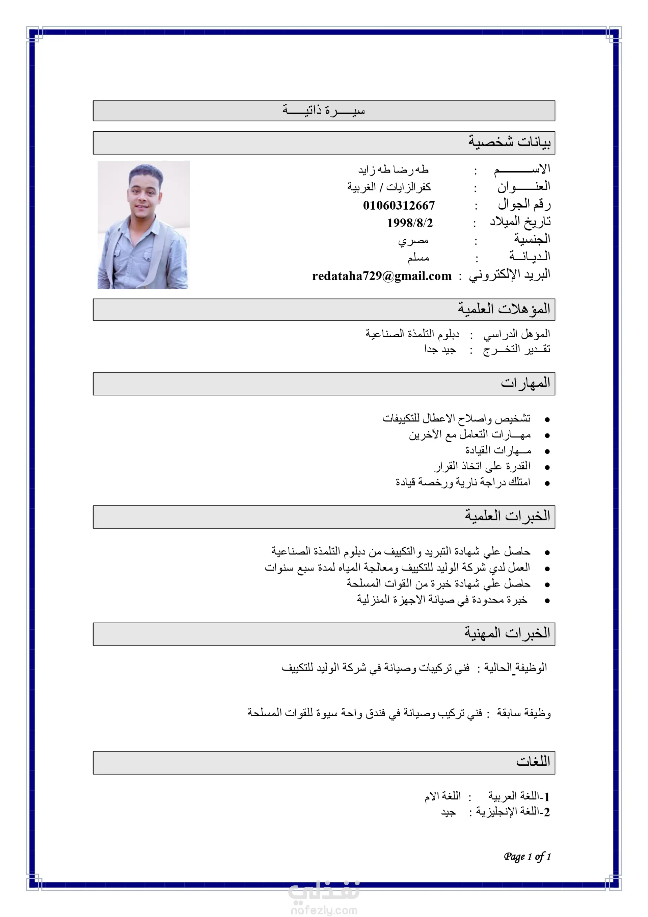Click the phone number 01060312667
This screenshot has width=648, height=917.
pyautogui.click(x=399, y=205)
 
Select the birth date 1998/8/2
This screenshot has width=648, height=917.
pyautogui.click(x=409, y=223)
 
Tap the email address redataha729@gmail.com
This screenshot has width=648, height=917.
pyautogui.click(x=382, y=276)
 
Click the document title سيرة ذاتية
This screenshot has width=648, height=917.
pyautogui.click(x=324, y=110)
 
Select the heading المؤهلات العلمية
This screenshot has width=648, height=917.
pyautogui.click(x=504, y=309)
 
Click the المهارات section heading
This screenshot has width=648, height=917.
pyautogui.click(x=525, y=383)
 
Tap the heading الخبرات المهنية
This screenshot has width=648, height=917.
pyautogui.click(x=507, y=633)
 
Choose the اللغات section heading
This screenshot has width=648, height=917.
pyautogui.click(x=533, y=762)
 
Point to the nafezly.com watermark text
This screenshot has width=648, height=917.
pyautogui.click(x=324, y=910)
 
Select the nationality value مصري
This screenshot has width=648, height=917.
pyautogui.click(x=413, y=241)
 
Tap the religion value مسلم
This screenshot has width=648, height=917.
pyautogui.click(x=418, y=258)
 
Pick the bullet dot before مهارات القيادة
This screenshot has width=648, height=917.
pyautogui.click(x=547, y=451)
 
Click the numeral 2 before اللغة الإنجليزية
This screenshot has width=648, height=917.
pyautogui.click(x=547, y=812)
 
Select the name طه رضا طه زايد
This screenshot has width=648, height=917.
pyautogui.click(x=393, y=170)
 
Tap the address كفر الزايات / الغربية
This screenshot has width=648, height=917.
pyautogui.click(x=388, y=187)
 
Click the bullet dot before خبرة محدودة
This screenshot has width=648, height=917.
pyautogui.click(x=547, y=600)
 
